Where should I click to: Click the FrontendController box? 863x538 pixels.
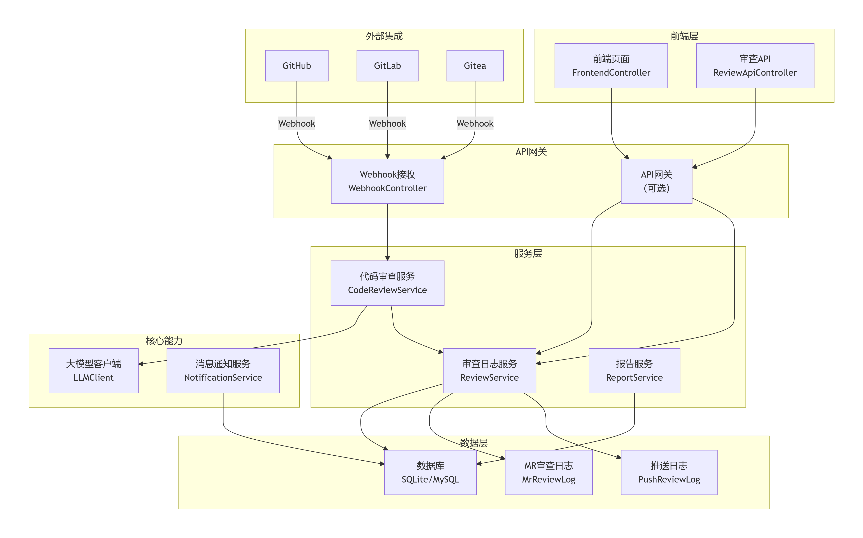[x=611, y=66]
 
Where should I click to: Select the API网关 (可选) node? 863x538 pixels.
[x=657, y=181]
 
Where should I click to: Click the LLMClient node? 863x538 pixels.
[x=94, y=370]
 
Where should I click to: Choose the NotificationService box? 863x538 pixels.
[x=223, y=370]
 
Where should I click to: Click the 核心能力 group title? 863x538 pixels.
[x=164, y=341]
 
